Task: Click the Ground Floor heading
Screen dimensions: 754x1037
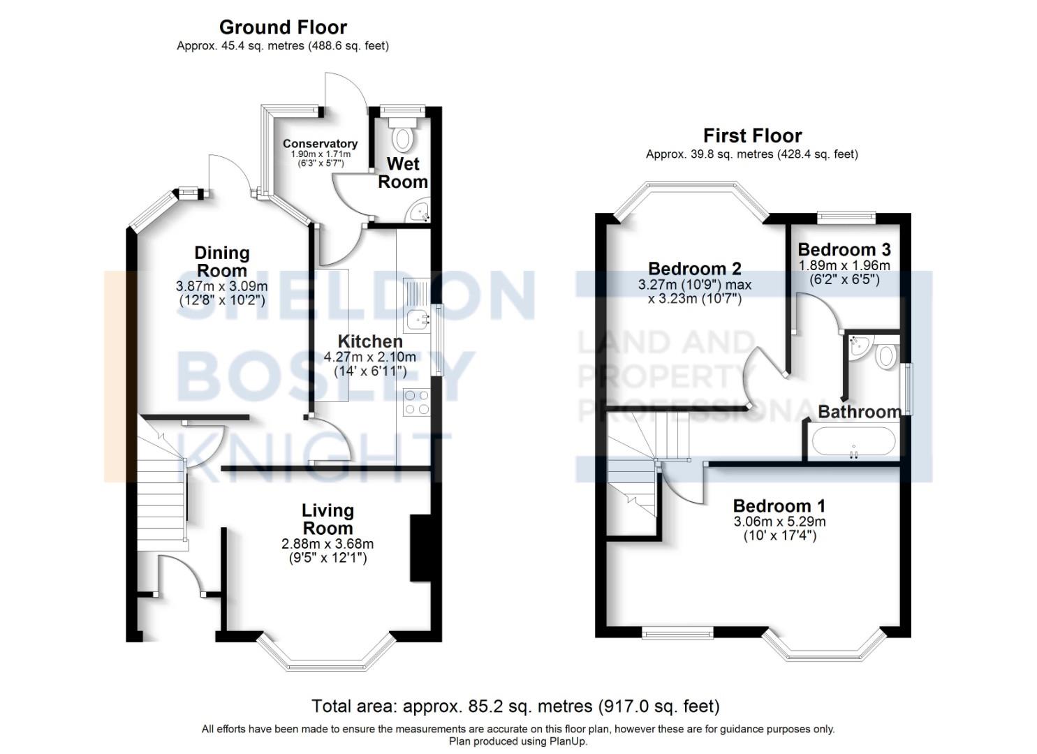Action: coord(283,27)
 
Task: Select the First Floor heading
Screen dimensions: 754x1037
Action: coord(752,135)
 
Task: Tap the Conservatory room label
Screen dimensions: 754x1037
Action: coord(320,144)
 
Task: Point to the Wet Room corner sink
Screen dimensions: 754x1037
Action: coord(420,212)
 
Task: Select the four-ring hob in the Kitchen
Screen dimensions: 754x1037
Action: coord(417,403)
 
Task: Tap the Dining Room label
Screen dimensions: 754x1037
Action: coord(221,262)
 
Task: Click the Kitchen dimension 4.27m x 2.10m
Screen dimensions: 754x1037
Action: coord(369,357)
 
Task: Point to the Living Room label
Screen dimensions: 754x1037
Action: coord(328,519)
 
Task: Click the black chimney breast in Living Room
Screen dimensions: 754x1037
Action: coord(420,548)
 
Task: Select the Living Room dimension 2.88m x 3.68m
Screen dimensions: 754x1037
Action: coord(328,544)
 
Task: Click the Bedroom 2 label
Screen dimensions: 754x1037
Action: coord(694,269)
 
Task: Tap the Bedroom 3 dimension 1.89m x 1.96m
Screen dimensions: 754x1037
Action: coord(844,265)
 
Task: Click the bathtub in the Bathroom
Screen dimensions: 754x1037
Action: coord(853,443)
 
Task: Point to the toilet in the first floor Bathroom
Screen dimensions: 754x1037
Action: coord(885,355)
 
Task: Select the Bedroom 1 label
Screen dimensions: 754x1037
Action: coord(779,505)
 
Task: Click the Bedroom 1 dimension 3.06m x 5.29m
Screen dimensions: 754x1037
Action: coord(779,522)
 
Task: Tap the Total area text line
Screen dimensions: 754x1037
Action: coord(515,707)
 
